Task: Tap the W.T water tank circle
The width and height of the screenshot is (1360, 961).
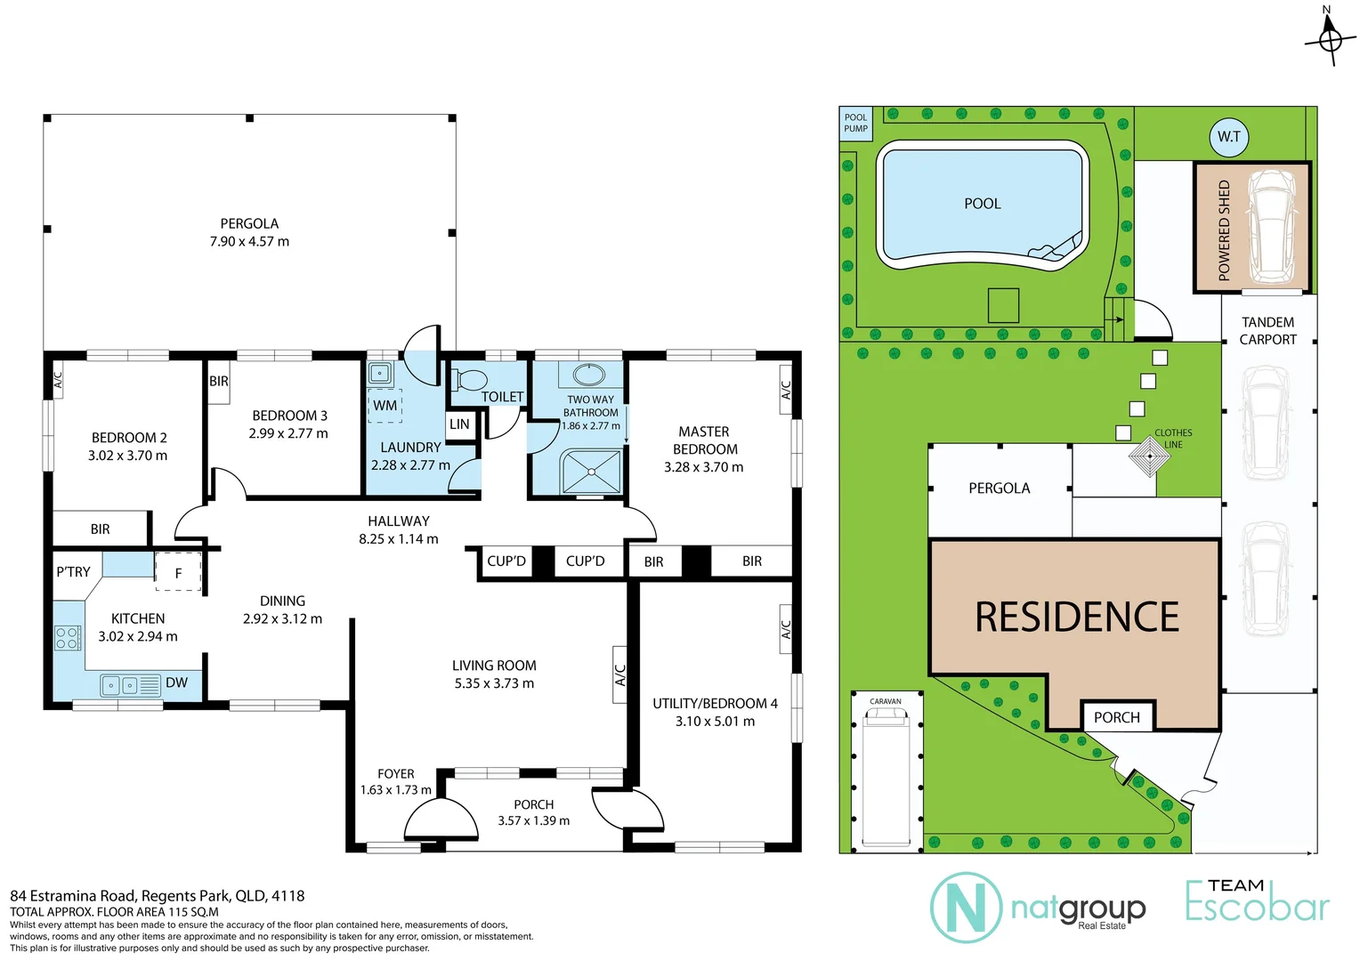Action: [1229, 137]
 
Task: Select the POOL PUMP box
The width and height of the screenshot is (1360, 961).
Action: [855, 123]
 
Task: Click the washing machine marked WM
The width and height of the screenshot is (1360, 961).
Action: [385, 405]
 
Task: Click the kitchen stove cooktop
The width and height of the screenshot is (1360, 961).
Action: [68, 637]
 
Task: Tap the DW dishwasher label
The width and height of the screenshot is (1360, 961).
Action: [176, 682]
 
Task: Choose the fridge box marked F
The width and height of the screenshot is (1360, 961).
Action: [178, 572]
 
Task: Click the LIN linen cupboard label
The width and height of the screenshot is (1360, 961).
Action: [459, 424]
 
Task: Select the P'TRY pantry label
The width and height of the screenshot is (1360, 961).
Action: [73, 571]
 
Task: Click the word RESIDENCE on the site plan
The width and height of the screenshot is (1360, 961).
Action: [1077, 617]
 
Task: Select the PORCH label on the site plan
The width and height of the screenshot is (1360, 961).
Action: [1116, 717]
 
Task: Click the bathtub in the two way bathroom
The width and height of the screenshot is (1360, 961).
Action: [588, 374]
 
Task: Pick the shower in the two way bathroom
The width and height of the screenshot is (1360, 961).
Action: [590, 472]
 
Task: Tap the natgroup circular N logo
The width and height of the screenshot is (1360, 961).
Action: [966, 908]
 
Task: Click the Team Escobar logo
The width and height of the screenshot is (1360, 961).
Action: [1257, 900]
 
